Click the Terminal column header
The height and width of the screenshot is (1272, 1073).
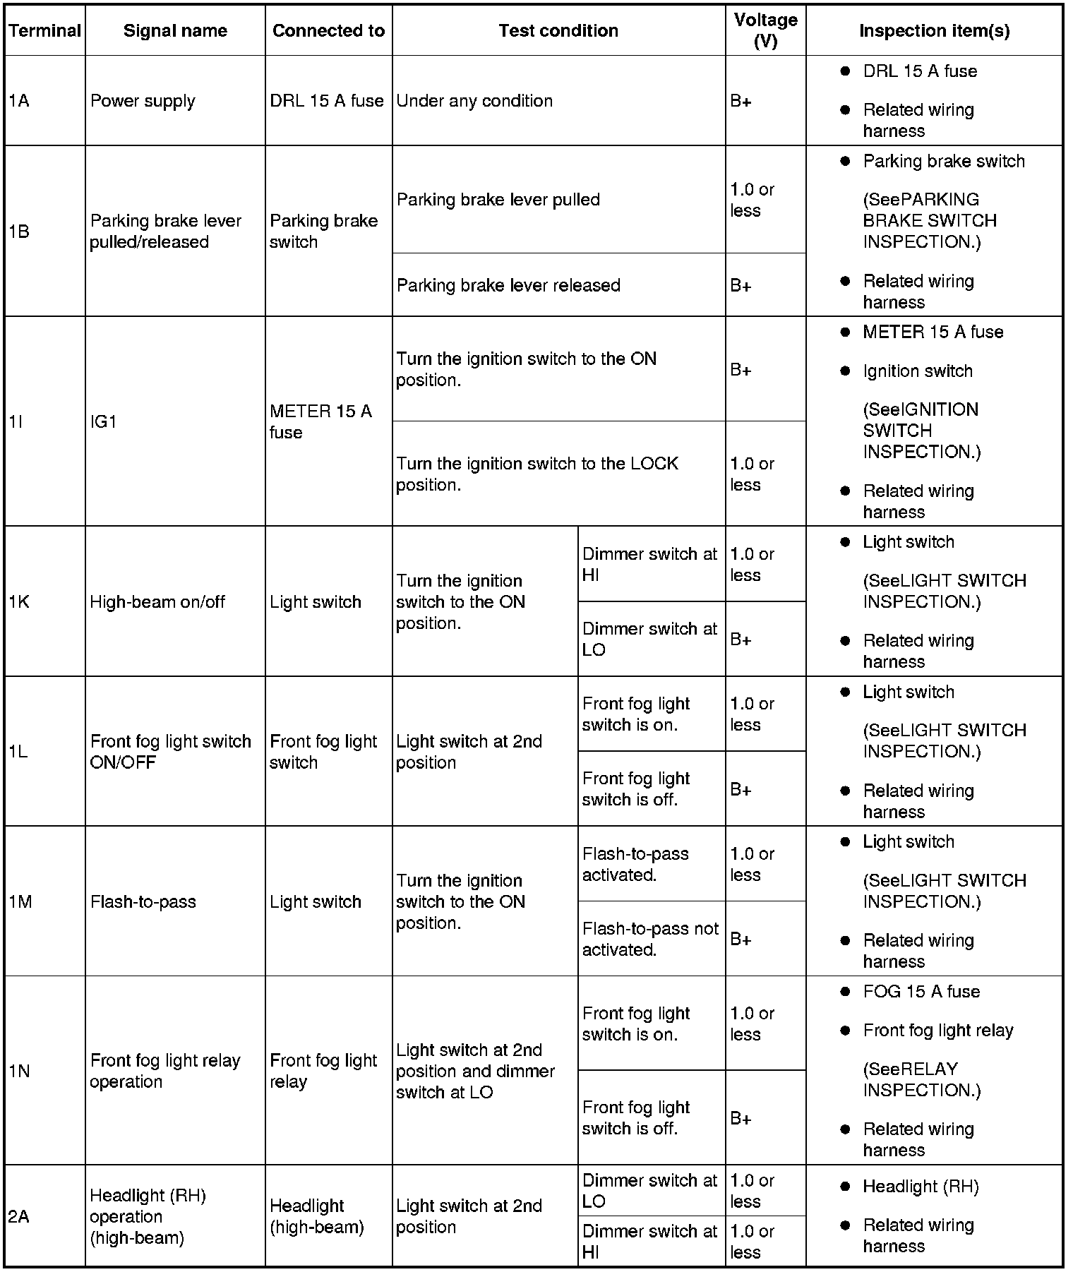45,31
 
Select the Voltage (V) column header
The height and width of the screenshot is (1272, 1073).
765,31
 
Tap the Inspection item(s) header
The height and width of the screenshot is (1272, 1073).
934,31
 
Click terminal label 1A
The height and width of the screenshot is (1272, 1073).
20,101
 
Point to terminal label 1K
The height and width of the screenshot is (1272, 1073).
20,602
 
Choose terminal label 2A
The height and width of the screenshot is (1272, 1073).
19,1216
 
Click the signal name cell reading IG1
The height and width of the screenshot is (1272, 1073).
104,421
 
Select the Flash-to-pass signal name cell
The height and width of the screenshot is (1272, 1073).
143,901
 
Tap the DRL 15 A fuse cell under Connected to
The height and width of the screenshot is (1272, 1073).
327,101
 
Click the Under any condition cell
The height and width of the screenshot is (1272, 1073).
474,101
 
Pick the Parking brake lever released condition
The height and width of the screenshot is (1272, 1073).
508,285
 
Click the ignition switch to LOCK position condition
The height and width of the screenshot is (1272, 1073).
536,474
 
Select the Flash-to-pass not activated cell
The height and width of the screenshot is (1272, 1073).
650,939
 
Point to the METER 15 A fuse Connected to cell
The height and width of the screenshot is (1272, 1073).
320,421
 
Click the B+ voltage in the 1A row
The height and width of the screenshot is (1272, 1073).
741,101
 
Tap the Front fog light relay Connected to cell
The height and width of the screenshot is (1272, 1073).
323,1071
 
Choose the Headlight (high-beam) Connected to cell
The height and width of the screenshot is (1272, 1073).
317,1216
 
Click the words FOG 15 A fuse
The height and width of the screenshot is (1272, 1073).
921,992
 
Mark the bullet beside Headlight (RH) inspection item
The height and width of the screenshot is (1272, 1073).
845,1187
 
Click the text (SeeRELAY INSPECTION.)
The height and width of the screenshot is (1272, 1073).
921,1079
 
